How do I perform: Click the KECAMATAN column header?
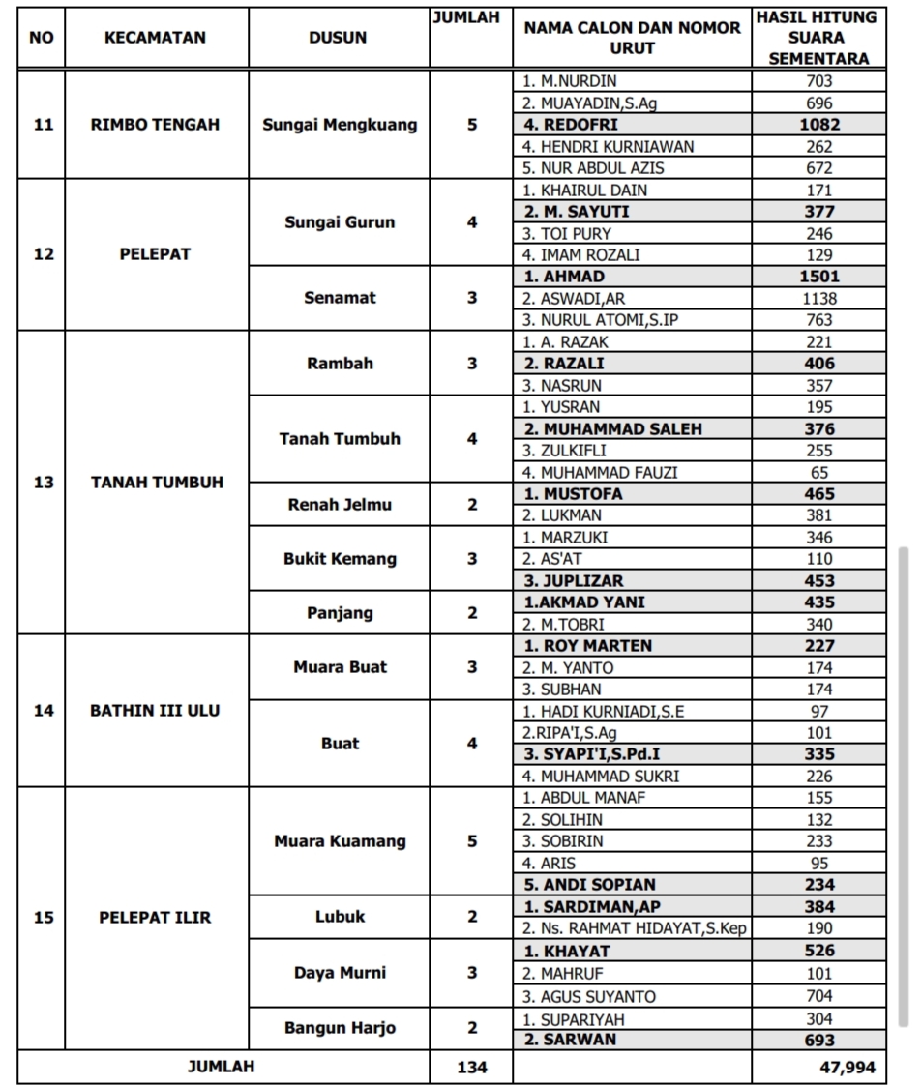155,38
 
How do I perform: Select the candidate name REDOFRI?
580,124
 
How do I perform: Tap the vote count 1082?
818,124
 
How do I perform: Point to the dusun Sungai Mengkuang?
340,124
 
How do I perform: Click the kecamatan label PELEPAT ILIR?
155,917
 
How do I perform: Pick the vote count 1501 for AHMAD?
818,277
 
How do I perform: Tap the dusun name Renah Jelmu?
340,504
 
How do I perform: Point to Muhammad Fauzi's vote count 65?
818,472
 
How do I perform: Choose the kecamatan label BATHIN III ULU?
155,710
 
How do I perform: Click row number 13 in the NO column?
43,482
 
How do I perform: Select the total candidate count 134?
472,1068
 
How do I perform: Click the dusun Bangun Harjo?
340,1028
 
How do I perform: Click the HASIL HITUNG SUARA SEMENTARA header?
818,38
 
